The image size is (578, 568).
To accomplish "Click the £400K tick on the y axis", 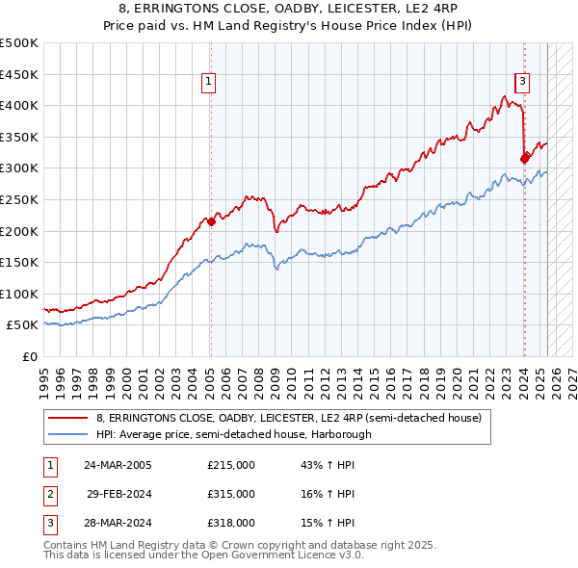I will (19, 106).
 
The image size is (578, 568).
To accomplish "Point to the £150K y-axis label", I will (19, 262).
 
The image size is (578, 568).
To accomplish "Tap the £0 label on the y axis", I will (29, 356).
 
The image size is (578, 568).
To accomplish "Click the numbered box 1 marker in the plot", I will (208, 82).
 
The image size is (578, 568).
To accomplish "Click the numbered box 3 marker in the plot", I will (522, 82).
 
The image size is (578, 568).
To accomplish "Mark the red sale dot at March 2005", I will (210, 221).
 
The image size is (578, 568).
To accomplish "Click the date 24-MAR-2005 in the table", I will (118, 465).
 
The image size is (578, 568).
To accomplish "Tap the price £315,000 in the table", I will (230, 494).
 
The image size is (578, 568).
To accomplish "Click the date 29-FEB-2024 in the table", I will (119, 494).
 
